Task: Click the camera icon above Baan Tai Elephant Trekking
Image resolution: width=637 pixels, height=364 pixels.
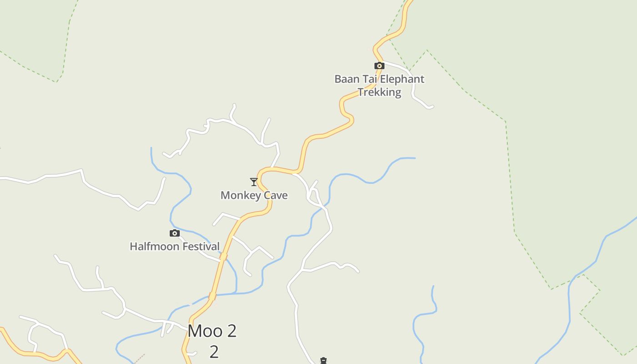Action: [379, 66]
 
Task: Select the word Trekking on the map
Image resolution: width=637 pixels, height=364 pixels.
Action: [379, 92]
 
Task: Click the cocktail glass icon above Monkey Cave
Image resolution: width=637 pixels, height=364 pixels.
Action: [254, 182]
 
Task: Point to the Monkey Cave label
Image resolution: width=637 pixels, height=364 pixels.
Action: [254, 195]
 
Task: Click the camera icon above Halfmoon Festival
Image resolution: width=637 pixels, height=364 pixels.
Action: [175, 233]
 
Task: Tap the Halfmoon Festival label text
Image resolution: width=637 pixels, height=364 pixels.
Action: [175, 247]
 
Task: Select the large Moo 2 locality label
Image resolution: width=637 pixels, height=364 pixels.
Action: [212, 331]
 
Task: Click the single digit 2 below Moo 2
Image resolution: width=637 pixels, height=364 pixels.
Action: [214, 352]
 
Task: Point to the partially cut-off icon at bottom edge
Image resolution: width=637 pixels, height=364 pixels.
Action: [324, 361]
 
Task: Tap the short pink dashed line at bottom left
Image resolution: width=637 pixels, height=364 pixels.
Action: [139, 359]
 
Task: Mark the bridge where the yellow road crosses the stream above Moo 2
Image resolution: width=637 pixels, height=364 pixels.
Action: [212, 296]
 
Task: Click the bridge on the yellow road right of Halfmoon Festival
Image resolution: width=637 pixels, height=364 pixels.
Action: [223, 258]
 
